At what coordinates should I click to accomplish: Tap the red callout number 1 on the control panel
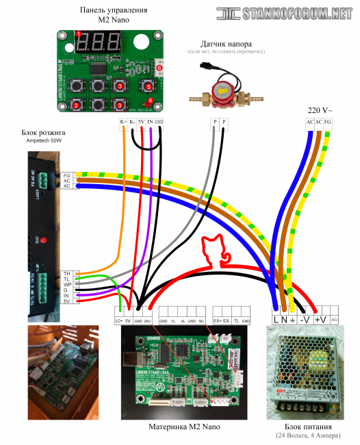click(79, 34)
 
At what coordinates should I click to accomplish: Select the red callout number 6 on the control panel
click(159, 68)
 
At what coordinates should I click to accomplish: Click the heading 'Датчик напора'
click(227, 43)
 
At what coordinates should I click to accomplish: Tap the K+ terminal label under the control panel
click(123, 122)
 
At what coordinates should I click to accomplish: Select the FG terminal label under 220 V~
click(329, 122)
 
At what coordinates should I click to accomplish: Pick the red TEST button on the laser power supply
click(42, 240)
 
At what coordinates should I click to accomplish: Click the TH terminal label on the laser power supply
click(67, 274)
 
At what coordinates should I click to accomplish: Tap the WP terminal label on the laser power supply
click(67, 284)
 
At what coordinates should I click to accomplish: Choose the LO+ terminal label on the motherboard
click(119, 320)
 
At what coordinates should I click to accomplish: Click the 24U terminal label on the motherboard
click(147, 320)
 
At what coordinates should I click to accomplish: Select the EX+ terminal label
click(218, 320)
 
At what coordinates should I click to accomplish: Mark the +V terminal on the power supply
click(320, 319)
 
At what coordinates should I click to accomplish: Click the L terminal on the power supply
click(277, 319)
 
